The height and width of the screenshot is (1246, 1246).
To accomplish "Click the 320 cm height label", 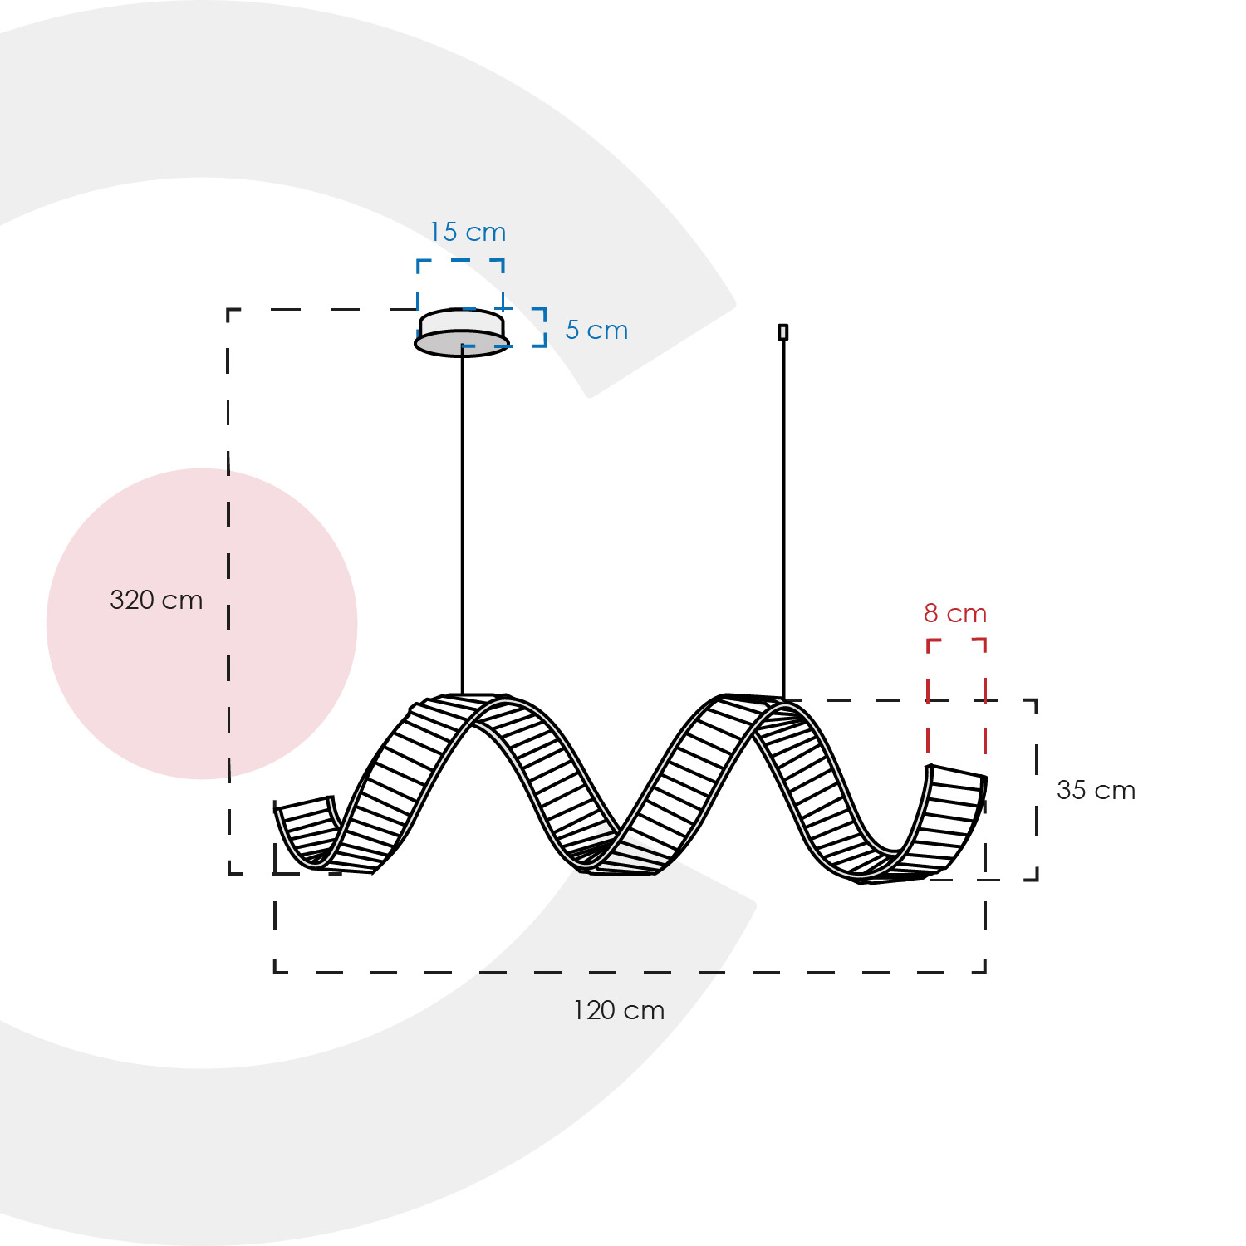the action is (x=156, y=600).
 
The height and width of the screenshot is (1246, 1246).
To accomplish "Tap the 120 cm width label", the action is (x=619, y=1010).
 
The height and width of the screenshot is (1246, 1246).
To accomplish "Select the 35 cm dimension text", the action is (x=1096, y=790).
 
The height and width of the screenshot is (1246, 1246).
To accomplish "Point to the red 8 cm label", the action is (x=955, y=613).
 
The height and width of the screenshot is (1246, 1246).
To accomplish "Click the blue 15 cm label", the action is (x=468, y=232).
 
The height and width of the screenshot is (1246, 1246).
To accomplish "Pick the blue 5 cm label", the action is (x=596, y=330).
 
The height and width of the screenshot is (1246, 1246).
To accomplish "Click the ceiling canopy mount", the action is (x=462, y=333).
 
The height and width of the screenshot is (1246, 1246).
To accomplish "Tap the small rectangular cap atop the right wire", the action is (x=782, y=332).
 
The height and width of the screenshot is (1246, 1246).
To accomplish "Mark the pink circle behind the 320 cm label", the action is (x=202, y=624).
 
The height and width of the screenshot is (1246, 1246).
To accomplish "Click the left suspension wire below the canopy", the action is (x=463, y=525).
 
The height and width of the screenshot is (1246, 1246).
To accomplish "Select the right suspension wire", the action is (x=782, y=519).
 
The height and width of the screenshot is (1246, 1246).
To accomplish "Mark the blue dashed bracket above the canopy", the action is (x=460, y=260).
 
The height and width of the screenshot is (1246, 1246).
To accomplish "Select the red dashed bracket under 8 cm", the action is (x=956, y=640).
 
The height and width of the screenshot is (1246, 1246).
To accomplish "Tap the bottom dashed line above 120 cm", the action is (x=630, y=972).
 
